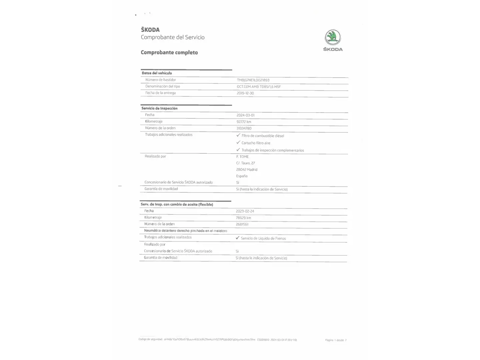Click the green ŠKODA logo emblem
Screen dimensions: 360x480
pyautogui.click(x=333, y=37)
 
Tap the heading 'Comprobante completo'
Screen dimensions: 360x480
pyautogui.click(x=169, y=52)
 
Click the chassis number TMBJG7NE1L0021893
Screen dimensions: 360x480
pyautogui.click(x=253, y=80)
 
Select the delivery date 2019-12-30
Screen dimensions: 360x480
pyautogui.click(x=245, y=93)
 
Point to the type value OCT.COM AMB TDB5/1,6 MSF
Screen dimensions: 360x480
pyautogui.click(x=259, y=87)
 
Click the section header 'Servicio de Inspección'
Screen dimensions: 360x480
pyautogui.click(x=159, y=108)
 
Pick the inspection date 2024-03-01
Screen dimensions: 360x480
pyautogui.click(x=245, y=115)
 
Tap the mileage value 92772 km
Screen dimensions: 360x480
pyautogui.click(x=244, y=122)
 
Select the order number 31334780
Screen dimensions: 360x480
pyautogui.click(x=244, y=128)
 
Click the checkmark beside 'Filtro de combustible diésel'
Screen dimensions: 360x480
pyautogui.click(x=238, y=135)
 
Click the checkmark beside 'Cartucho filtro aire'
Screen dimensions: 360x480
pyautogui.click(x=238, y=143)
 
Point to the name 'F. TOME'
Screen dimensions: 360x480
pyautogui.click(x=242, y=157)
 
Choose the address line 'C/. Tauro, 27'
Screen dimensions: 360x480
pyautogui.click(x=245, y=163)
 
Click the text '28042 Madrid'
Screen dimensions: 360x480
pyautogui.click(x=247, y=170)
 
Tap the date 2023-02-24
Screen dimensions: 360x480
pyautogui.click(x=245, y=211)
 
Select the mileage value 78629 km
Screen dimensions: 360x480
pyautogui.click(x=243, y=218)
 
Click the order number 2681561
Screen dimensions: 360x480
pyautogui.click(x=242, y=224)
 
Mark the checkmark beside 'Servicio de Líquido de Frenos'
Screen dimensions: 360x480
pyautogui.click(x=237, y=238)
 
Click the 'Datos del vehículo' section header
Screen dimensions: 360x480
pyautogui.click(x=157, y=73)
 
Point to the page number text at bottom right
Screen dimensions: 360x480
pyautogui.click(x=336, y=340)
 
